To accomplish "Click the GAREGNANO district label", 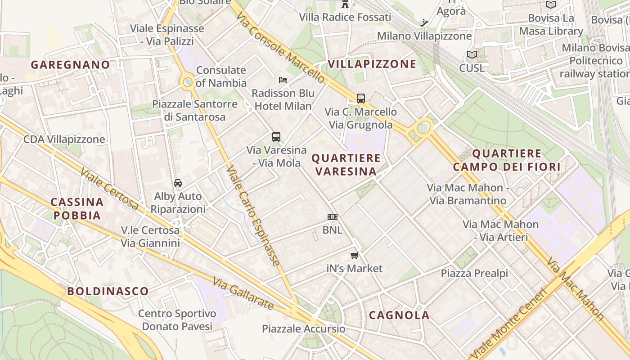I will (70, 65).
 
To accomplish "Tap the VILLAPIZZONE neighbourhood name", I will (372, 64).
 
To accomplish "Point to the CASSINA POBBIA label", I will (77, 208).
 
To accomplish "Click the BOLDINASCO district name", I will (108, 291).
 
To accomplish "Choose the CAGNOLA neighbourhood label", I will (399, 315).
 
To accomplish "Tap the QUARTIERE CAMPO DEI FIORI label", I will (507, 160).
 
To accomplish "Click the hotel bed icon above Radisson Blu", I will (283, 80).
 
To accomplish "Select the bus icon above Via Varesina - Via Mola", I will (276, 137).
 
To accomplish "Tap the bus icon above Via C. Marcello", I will (360, 99).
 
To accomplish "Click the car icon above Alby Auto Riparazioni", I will (178, 183).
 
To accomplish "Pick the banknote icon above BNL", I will (333, 217).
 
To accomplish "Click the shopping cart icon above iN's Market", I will (355, 256).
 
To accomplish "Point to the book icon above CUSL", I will (472, 55).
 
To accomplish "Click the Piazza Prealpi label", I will (474, 273).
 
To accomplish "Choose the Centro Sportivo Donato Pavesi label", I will (177, 320).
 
